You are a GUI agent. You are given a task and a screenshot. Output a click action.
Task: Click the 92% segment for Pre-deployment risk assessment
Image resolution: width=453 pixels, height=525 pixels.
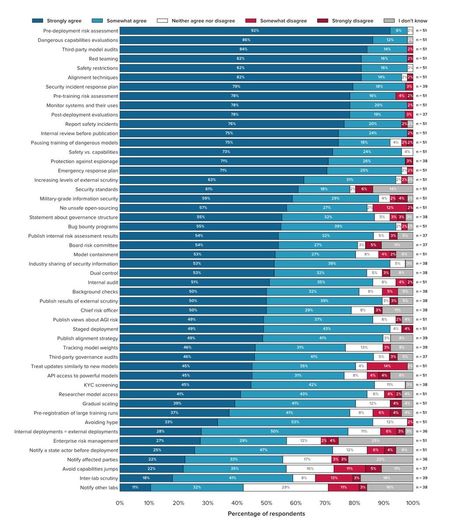point(255,31)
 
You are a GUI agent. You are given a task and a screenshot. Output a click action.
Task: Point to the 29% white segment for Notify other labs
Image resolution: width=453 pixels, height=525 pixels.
point(286,487)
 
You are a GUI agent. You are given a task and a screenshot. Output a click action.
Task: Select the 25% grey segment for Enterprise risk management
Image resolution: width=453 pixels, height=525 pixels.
point(376,441)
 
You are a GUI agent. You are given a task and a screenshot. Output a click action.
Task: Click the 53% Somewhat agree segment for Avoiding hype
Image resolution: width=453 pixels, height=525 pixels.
point(295,422)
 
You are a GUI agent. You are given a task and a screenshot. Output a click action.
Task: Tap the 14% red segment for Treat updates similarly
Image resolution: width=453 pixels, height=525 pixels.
point(387,366)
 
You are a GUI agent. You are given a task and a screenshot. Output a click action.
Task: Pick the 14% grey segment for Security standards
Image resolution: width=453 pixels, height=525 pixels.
point(393,189)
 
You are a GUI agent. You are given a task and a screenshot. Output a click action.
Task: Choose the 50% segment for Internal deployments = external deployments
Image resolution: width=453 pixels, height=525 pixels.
point(275,431)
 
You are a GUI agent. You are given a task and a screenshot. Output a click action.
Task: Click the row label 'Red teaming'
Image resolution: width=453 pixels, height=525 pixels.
point(103,59)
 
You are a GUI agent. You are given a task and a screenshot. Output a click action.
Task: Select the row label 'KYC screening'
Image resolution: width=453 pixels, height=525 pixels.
point(101,385)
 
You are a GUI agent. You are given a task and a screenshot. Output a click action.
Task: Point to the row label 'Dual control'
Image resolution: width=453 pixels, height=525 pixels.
point(104,273)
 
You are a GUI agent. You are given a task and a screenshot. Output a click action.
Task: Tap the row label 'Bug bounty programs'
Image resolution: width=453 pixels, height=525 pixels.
point(93,227)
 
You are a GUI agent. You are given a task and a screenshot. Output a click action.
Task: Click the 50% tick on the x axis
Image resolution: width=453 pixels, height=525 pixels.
point(266,503)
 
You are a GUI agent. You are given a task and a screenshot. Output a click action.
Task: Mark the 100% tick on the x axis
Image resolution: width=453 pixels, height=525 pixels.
point(413,503)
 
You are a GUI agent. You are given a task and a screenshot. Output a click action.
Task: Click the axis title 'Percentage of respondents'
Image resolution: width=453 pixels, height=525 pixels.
point(266,514)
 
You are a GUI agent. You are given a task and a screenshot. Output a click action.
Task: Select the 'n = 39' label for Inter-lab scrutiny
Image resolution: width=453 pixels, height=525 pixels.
point(422,478)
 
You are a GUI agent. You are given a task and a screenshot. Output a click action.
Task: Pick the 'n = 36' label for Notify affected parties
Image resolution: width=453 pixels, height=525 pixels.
point(422,459)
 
